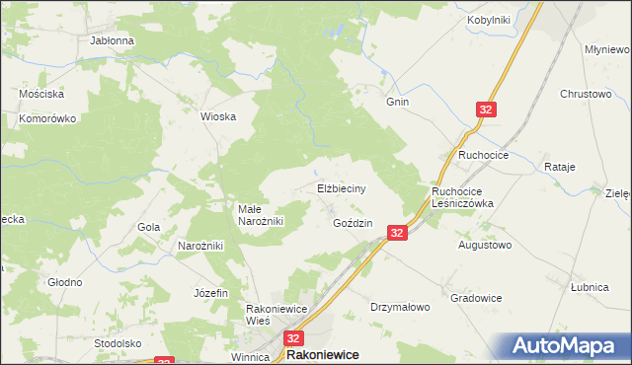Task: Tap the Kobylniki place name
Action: point(487,20)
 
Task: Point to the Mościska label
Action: point(41,94)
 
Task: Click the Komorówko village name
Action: point(47,118)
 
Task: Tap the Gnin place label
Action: point(398,102)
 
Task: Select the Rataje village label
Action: point(559,167)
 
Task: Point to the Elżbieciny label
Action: point(342,187)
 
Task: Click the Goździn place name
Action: point(353,223)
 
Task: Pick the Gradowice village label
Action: point(476,298)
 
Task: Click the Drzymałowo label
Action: point(400,307)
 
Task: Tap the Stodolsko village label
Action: point(118,343)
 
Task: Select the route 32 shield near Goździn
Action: point(396,233)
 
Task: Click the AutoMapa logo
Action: point(571,346)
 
